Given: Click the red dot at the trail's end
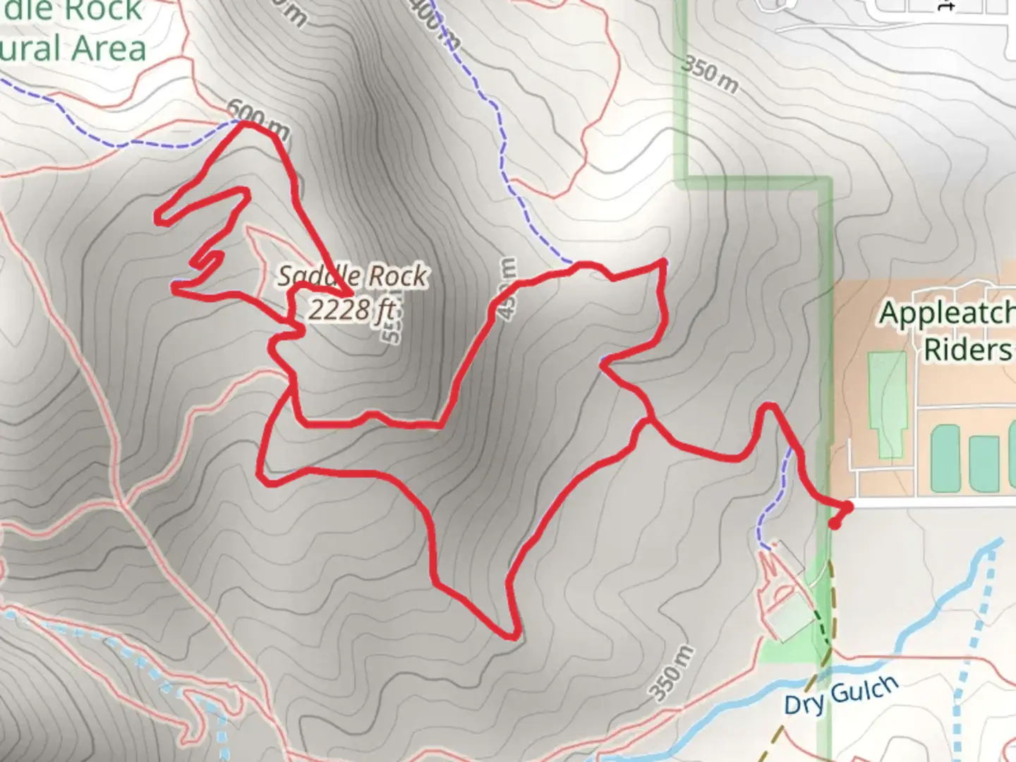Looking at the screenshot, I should [835, 524].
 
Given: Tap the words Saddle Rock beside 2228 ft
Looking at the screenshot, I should [351, 276].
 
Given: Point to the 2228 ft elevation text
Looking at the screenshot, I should [351, 309].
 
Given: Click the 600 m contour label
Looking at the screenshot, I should [258, 120].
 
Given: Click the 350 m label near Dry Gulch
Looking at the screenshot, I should [671, 673].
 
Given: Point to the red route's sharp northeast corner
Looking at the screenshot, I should [663, 262].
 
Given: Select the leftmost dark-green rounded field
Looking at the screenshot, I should [945, 458].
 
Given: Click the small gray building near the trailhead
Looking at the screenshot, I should [788, 555].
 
